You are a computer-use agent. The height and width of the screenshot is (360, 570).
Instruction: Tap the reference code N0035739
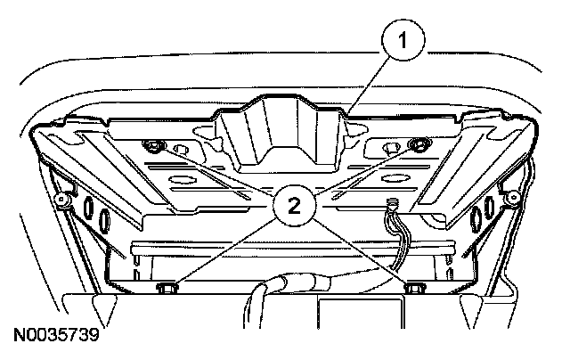tap(55, 338)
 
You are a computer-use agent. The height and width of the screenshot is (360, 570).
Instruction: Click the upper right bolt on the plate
tap(415, 144)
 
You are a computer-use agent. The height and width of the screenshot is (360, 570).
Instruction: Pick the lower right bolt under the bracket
tap(412, 287)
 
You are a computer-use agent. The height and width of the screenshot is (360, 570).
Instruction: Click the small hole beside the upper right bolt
tap(390, 147)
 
